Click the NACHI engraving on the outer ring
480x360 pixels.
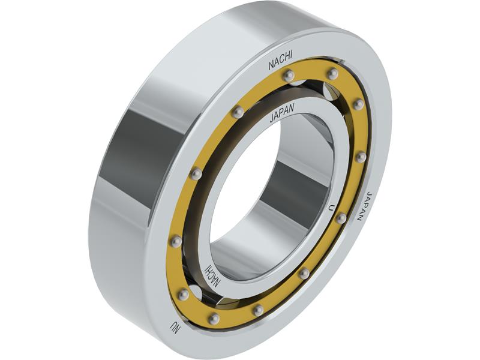[280, 61]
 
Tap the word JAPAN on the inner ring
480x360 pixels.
[282, 113]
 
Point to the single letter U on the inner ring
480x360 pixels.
[331, 208]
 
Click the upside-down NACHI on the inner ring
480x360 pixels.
[212, 275]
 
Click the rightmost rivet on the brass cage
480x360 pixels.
[361, 157]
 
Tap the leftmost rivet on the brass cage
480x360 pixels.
[176, 241]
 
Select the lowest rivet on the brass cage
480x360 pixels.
[214, 319]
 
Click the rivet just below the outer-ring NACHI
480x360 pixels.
[289, 76]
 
